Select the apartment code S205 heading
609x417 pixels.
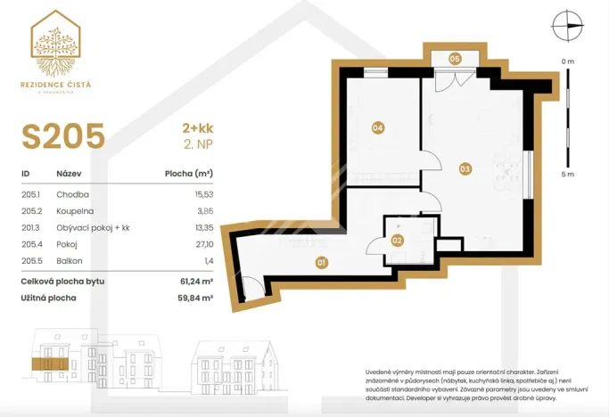[x=63, y=137]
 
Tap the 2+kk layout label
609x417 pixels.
[x=197, y=130]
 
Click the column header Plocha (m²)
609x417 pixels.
[x=189, y=175]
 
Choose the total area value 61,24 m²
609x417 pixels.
[x=194, y=280]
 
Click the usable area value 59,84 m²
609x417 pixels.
[x=194, y=298]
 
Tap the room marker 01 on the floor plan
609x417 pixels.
[x=322, y=262]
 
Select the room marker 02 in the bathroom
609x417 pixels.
[x=398, y=240]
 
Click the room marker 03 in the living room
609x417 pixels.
[x=465, y=168]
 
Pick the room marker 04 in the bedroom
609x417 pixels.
[x=378, y=128]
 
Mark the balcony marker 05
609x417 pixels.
[x=454, y=58]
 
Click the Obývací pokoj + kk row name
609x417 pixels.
[x=94, y=227]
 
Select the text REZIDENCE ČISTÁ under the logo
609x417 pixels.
[x=62, y=84]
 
